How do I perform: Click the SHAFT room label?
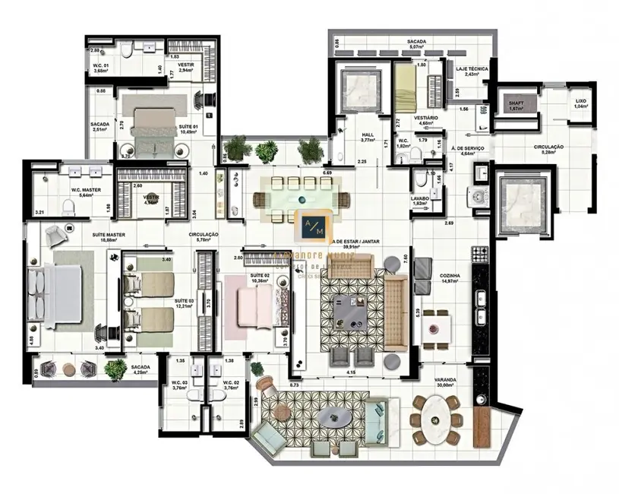(516, 103)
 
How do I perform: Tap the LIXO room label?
(580, 100)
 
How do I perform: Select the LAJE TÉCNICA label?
(472, 68)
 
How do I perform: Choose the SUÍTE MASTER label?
(109, 235)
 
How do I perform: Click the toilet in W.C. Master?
(69, 207)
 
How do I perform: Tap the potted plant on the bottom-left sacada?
(115, 370)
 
